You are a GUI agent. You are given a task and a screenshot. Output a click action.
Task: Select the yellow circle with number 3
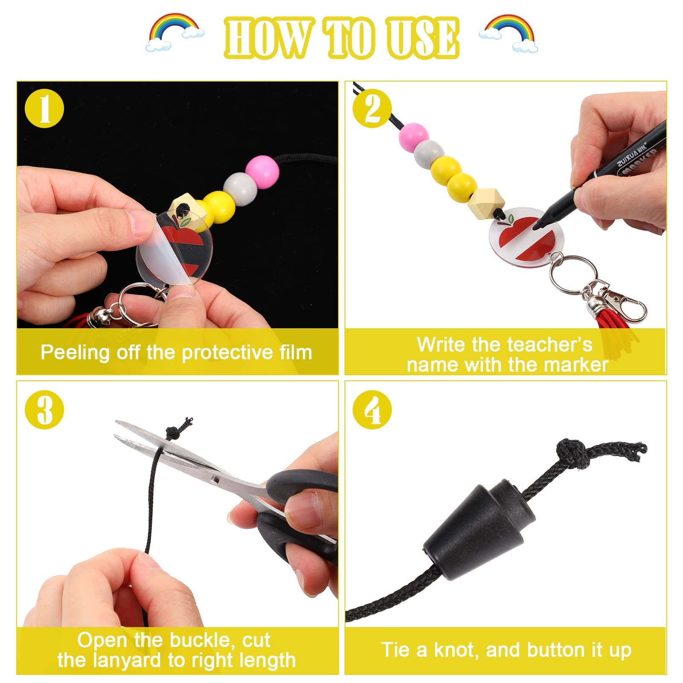point(44,410)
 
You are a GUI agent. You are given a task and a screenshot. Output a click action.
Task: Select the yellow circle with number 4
point(372,410)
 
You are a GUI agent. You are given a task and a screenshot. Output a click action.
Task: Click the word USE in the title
point(422,38)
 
